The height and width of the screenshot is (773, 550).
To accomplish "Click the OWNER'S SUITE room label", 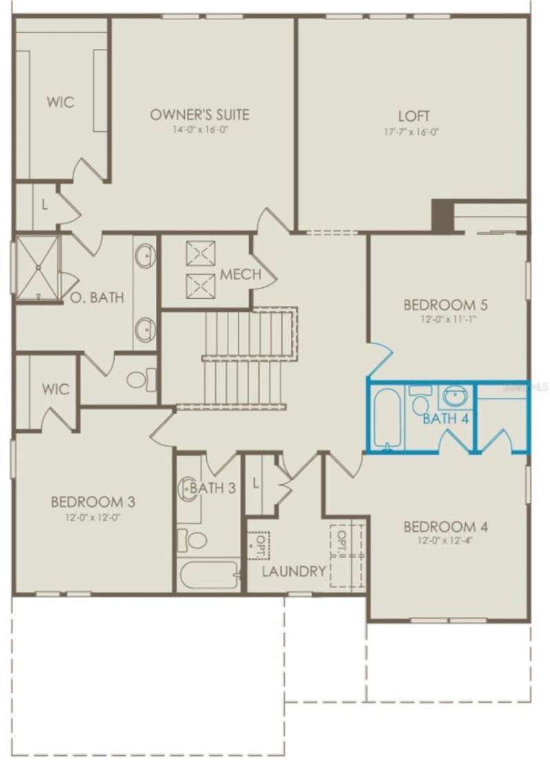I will pos(199,114).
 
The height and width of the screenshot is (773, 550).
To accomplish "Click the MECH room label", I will pos(241,275).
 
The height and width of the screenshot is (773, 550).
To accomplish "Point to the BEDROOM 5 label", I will pos(440,304).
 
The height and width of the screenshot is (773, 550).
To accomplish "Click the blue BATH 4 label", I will pos(445,418).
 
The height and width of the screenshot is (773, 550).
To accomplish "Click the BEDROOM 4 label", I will pos(445,527).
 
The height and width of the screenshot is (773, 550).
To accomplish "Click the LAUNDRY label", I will pos(294,571).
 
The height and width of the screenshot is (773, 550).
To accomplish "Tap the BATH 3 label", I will pos(213,488).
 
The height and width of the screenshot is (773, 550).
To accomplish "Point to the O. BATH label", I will pos(97,298).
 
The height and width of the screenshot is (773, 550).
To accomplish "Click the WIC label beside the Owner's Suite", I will pos(60,102).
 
